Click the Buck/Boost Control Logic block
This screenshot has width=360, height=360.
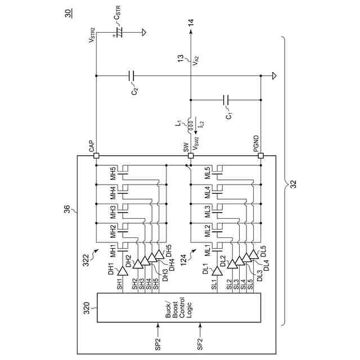(x=179, y=307)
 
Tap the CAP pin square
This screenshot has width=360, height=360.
(x=96, y=156)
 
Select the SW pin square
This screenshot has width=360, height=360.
(x=191, y=156)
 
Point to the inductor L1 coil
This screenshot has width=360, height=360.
(x=191, y=123)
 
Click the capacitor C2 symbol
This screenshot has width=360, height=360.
(x=131, y=75)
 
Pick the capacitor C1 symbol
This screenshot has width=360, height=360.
(x=226, y=99)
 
